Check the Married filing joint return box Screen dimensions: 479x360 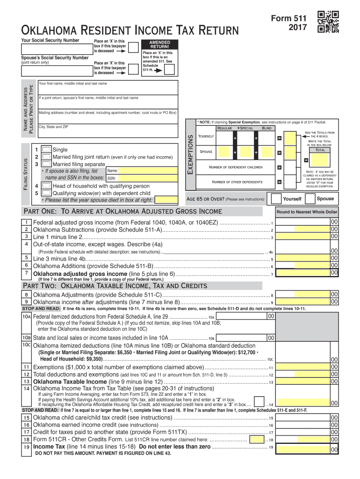[x=46, y=157]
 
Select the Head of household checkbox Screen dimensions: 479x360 [x=46, y=186]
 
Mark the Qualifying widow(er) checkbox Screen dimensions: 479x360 [x=46, y=193]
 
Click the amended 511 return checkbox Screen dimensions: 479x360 [x=170, y=70]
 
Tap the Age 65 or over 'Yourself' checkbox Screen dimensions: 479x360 [x=276, y=198]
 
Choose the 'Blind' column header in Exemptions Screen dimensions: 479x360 [x=266, y=128]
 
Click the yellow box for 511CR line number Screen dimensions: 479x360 [x=256, y=439]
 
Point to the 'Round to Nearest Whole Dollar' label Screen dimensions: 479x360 [x=307, y=212]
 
